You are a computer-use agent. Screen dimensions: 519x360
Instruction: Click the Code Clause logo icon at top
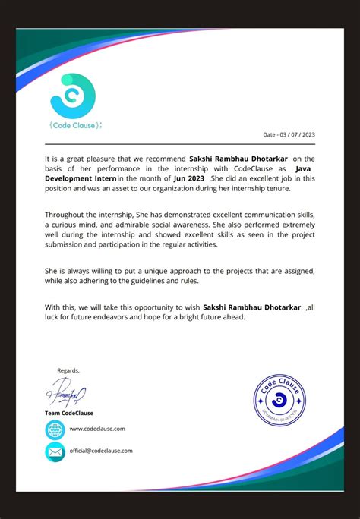[x=72, y=95]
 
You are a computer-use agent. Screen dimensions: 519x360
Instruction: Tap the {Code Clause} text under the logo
[x=74, y=124]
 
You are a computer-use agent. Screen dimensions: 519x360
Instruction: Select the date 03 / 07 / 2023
[x=296, y=134]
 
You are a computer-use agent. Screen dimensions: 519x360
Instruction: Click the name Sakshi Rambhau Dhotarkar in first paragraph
[x=238, y=158]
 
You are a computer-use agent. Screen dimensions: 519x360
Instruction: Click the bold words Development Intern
[x=80, y=178]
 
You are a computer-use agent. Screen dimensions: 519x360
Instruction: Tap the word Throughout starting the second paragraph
[x=64, y=215]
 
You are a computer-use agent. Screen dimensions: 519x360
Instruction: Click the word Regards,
[x=68, y=370]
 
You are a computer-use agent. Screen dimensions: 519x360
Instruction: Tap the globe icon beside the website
[x=55, y=429]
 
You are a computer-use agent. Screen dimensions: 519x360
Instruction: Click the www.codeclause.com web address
[x=97, y=429]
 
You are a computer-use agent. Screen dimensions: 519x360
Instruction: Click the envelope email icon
[x=55, y=451]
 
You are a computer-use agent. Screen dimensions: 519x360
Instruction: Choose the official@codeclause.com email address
[x=101, y=451]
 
